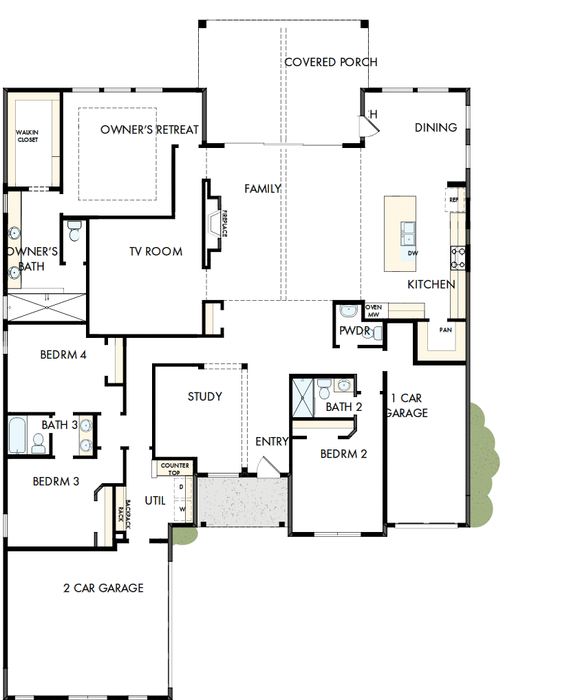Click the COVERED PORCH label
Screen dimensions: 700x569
pyautogui.click(x=330, y=63)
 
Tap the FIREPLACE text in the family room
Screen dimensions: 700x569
pyautogui.click(x=224, y=224)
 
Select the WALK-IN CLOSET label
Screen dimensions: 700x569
pyautogui.click(x=28, y=136)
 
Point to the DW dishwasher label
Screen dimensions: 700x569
pyautogui.click(x=413, y=253)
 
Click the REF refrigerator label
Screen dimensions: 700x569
pyautogui.click(x=453, y=200)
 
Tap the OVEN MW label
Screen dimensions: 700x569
pyautogui.click(x=373, y=310)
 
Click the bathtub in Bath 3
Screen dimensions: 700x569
pyautogui.click(x=18, y=434)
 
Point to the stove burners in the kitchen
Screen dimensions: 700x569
pyautogui.click(x=458, y=257)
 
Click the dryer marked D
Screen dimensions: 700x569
pyautogui.click(x=182, y=487)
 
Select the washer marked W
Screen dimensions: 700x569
pyautogui.click(x=182, y=509)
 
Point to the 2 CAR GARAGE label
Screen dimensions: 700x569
pyautogui.click(x=103, y=588)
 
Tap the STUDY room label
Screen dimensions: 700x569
pyautogui.click(x=205, y=396)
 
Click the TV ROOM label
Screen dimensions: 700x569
pyautogui.click(x=156, y=251)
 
